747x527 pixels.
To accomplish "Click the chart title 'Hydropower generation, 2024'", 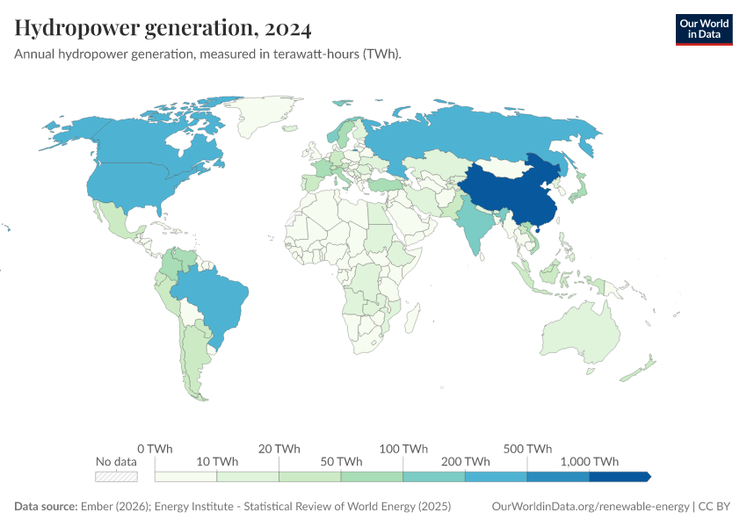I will coord(163,29).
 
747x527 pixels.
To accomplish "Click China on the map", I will coord(510,193).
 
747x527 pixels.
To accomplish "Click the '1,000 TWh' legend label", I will coord(589,461).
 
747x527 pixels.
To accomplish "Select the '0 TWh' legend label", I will coord(155,448).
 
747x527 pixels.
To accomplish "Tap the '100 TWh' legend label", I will coord(403,448).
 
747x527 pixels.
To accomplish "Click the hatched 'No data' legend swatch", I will coord(117,477).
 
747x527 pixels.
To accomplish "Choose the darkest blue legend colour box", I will coord(619,477).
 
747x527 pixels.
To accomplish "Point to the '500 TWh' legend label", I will coord(527,448).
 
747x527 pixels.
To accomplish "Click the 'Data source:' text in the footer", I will coord(46,507).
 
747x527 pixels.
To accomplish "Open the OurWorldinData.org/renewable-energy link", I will coord(590,507).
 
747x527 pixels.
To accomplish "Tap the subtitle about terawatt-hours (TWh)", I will coord(207,54).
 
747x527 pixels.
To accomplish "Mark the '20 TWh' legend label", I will coord(279,448).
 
